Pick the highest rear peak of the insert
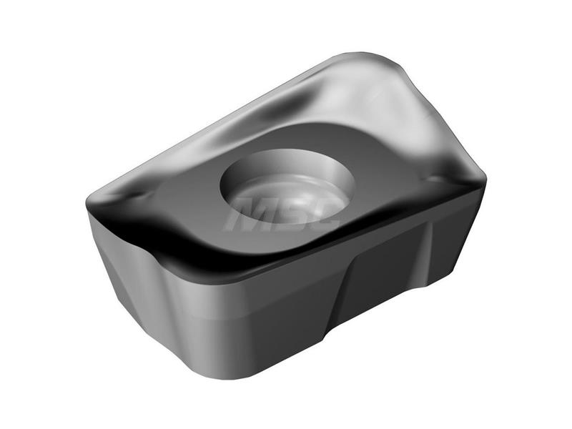361,56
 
